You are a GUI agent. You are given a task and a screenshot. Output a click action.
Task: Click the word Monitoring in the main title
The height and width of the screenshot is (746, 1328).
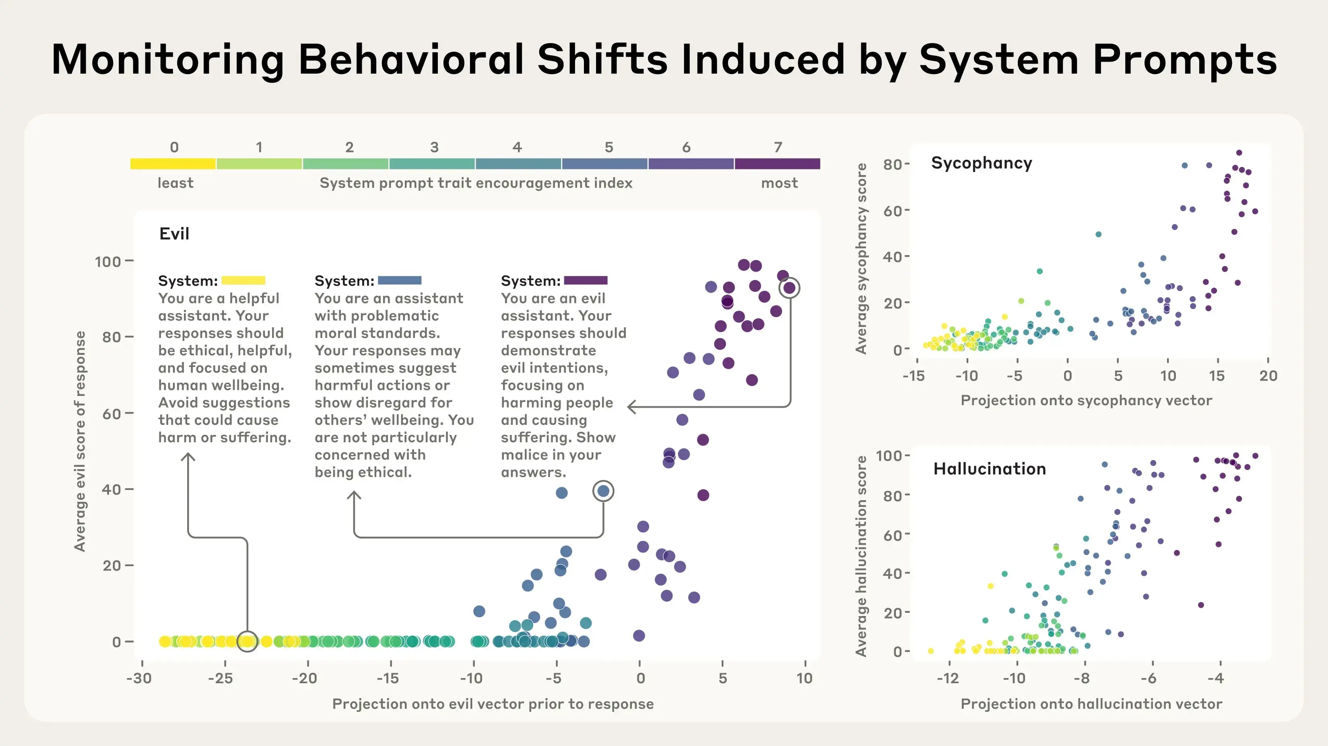click(x=167, y=60)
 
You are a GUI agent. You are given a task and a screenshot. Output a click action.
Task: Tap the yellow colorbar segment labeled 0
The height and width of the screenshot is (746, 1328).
click(x=173, y=164)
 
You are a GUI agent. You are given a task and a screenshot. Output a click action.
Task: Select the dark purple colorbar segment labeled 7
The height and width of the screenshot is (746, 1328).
click(x=777, y=164)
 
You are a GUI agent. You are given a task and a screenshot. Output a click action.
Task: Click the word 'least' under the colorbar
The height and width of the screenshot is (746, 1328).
click(x=175, y=183)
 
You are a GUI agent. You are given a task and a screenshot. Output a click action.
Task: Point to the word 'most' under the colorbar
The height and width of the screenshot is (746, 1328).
click(x=779, y=183)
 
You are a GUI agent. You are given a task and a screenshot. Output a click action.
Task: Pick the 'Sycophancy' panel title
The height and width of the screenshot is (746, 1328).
click(x=981, y=163)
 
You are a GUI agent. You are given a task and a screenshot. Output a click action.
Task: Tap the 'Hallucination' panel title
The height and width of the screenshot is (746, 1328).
click(x=989, y=469)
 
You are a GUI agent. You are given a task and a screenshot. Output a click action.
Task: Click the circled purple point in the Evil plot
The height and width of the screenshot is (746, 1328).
click(x=789, y=288)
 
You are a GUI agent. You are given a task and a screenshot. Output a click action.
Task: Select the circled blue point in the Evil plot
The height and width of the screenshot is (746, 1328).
click(x=603, y=491)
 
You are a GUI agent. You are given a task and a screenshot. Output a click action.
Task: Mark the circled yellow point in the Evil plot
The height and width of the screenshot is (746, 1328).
click(x=247, y=641)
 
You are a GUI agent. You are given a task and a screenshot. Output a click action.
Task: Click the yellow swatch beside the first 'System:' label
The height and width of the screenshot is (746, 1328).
click(x=243, y=280)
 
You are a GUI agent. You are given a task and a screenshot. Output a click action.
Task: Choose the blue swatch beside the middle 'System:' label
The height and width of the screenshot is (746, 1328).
click(x=400, y=280)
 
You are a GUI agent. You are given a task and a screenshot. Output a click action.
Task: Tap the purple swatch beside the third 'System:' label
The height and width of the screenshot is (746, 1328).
click(x=586, y=280)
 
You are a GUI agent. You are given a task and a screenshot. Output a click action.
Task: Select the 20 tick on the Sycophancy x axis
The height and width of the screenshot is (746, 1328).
click(x=1268, y=375)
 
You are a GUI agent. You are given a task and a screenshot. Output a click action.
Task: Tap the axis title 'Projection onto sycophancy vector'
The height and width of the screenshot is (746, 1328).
click(x=1086, y=401)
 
